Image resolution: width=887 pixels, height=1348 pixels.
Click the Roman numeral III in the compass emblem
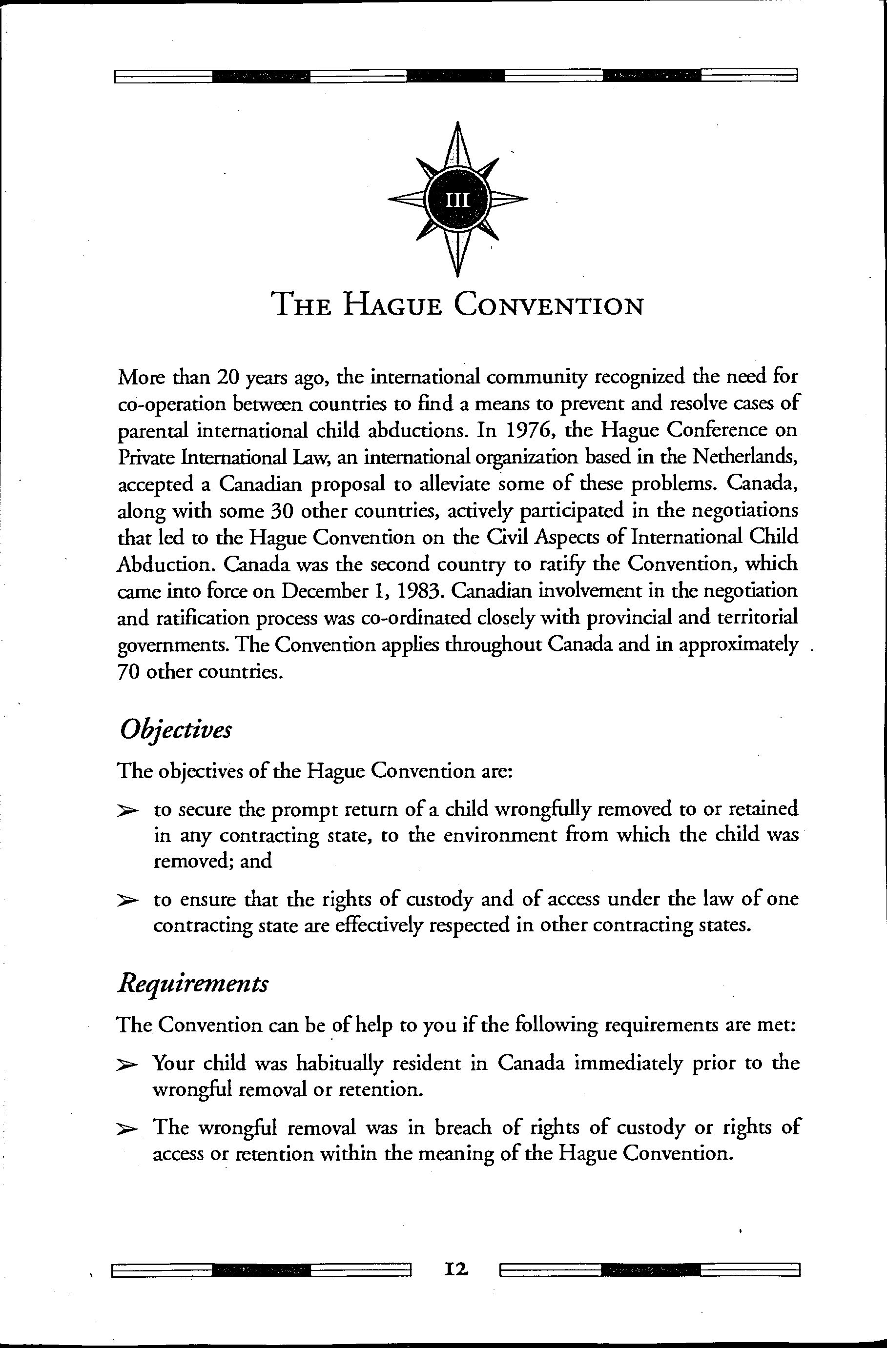[x=457, y=200]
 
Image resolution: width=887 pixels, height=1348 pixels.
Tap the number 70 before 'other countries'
[x=128, y=672]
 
